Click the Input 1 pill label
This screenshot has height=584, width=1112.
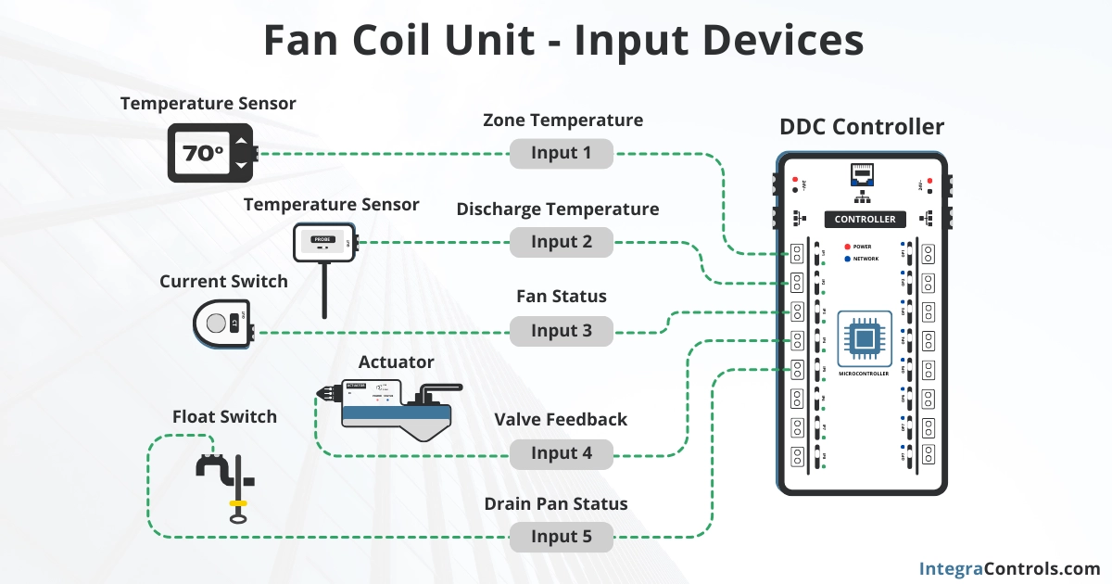pyautogui.click(x=562, y=154)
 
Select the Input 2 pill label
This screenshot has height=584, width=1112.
pyautogui.click(x=562, y=243)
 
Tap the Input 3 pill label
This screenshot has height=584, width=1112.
pyautogui.click(x=562, y=331)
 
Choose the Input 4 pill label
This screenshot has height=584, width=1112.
pyautogui.click(x=562, y=453)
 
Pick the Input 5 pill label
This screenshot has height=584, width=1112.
pyautogui.click(x=562, y=537)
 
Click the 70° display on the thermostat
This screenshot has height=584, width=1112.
pyautogui.click(x=202, y=153)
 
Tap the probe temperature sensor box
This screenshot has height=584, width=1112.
pyautogui.click(x=323, y=242)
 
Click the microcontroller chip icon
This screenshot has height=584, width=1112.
pyautogui.click(x=864, y=339)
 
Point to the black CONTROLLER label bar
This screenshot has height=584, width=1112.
pyautogui.click(x=865, y=219)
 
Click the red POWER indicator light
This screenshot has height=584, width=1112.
pyautogui.click(x=847, y=248)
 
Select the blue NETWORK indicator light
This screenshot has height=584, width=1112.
pyautogui.click(x=847, y=260)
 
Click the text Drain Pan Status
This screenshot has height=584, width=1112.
pyautogui.click(x=556, y=504)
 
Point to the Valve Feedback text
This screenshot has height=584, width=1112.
pyautogui.click(x=561, y=420)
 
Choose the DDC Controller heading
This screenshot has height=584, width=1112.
pyautogui.click(x=862, y=128)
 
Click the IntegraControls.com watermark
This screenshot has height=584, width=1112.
pyautogui.click(x=1009, y=568)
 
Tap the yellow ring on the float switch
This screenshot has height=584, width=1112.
pyautogui.click(x=237, y=503)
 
